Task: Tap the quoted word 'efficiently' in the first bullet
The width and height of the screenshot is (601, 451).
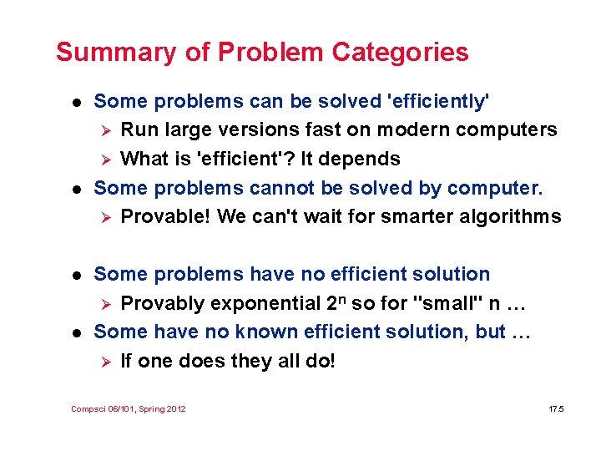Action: point(439,102)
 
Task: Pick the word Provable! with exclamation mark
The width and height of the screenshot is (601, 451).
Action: point(165,217)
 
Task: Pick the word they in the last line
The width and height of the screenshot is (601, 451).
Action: point(254,361)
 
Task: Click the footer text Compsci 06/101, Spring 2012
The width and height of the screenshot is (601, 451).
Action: point(129,409)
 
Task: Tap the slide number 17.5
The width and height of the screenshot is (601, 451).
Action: point(557,409)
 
